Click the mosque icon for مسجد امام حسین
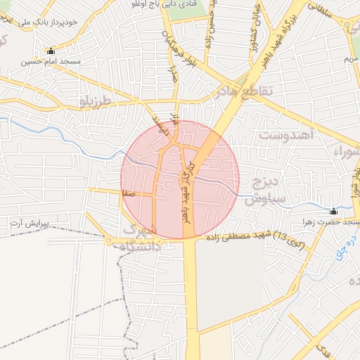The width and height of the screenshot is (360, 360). [50, 51]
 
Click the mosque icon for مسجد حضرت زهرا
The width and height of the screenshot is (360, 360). [333, 212]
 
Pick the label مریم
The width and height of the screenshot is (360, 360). [351, 60]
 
